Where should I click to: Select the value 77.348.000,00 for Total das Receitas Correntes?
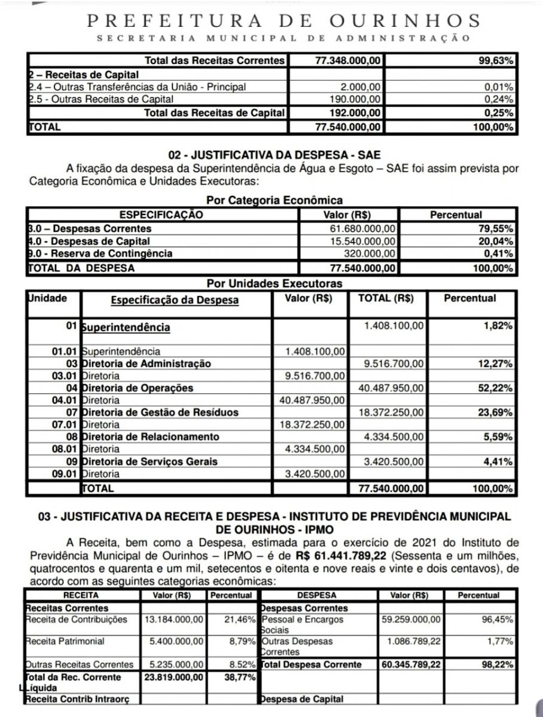coord(347,61)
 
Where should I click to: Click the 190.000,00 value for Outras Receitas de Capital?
coord(356,99)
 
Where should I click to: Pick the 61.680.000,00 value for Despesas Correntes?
coord(359,228)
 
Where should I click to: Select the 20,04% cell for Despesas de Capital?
coord(498,241)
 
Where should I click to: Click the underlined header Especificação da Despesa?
coord(175,301)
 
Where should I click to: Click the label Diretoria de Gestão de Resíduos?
coord(160,412)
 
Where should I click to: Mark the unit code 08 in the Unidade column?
coord(72,437)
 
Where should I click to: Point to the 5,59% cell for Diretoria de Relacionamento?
coord(499,437)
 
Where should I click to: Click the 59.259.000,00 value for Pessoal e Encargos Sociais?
coord(411,620)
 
